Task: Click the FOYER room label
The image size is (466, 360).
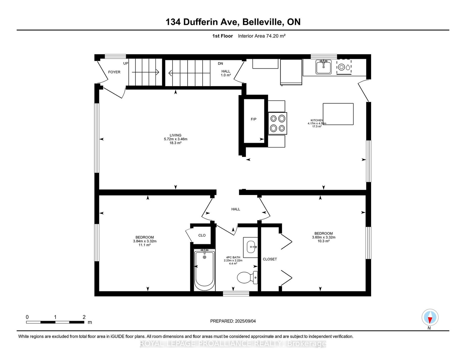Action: pos(114,72)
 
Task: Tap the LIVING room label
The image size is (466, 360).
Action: pos(175,135)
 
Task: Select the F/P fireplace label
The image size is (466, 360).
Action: pos(253,119)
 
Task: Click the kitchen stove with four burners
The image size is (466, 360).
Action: pos(277,123)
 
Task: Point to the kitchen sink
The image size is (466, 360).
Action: pos(323,67)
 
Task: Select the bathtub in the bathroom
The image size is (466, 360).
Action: pos(204,270)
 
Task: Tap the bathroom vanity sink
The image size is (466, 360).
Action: pos(250,247)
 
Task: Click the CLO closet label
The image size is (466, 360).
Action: pos(202,235)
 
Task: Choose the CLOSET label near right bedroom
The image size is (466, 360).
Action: pos(270,259)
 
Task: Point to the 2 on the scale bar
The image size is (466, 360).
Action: pos(84,317)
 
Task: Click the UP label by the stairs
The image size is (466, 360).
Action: pos(126,63)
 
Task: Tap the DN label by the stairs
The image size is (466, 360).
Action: pos(220,63)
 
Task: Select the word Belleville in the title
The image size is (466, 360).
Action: pos(262,22)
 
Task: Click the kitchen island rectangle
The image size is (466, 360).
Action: pos(338,114)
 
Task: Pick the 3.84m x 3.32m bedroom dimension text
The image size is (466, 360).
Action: pos(145,241)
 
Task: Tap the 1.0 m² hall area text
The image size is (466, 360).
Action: pos(226,75)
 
